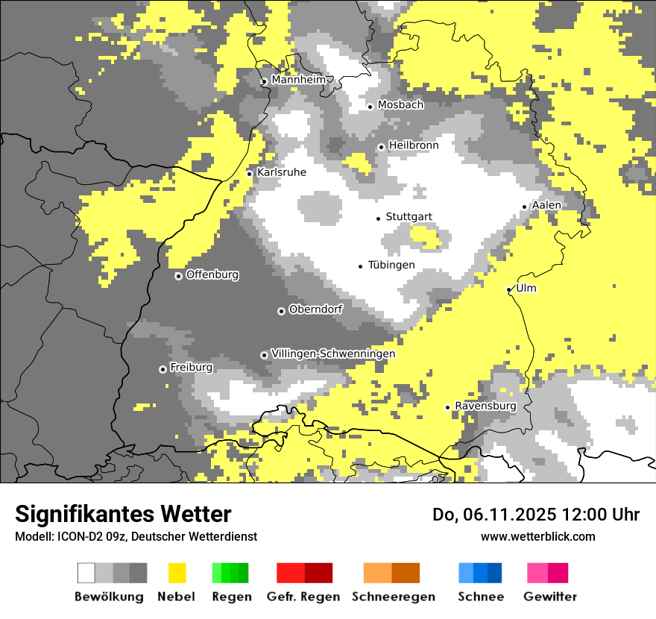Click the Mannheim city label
[x=299, y=80]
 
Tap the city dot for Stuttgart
[x=379, y=218]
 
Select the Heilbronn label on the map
[x=414, y=145]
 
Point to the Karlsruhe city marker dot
[x=250, y=174]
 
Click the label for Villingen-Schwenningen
[x=333, y=354]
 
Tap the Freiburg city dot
[x=163, y=369]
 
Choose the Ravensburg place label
[x=485, y=406]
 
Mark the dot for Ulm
[x=509, y=290]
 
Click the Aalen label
[x=546, y=205]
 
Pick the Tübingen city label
[x=391, y=265]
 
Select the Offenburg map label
[x=212, y=274]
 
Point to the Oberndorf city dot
[x=281, y=311]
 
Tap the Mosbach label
[x=400, y=105]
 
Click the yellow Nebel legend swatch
[x=177, y=573]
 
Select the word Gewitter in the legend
[x=550, y=597]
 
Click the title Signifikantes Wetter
[x=123, y=514]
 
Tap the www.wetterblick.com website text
[x=537, y=536]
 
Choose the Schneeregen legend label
[x=394, y=597]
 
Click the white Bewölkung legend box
[x=86, y=573]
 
